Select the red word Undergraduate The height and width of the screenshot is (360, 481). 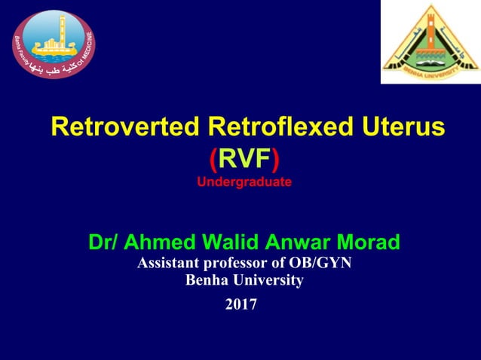[244, 182]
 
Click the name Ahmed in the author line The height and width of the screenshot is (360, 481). [158, 243]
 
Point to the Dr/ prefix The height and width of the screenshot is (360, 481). [103, 243]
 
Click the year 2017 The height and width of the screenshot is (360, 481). [241, 305]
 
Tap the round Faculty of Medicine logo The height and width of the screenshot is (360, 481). [54, 42]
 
